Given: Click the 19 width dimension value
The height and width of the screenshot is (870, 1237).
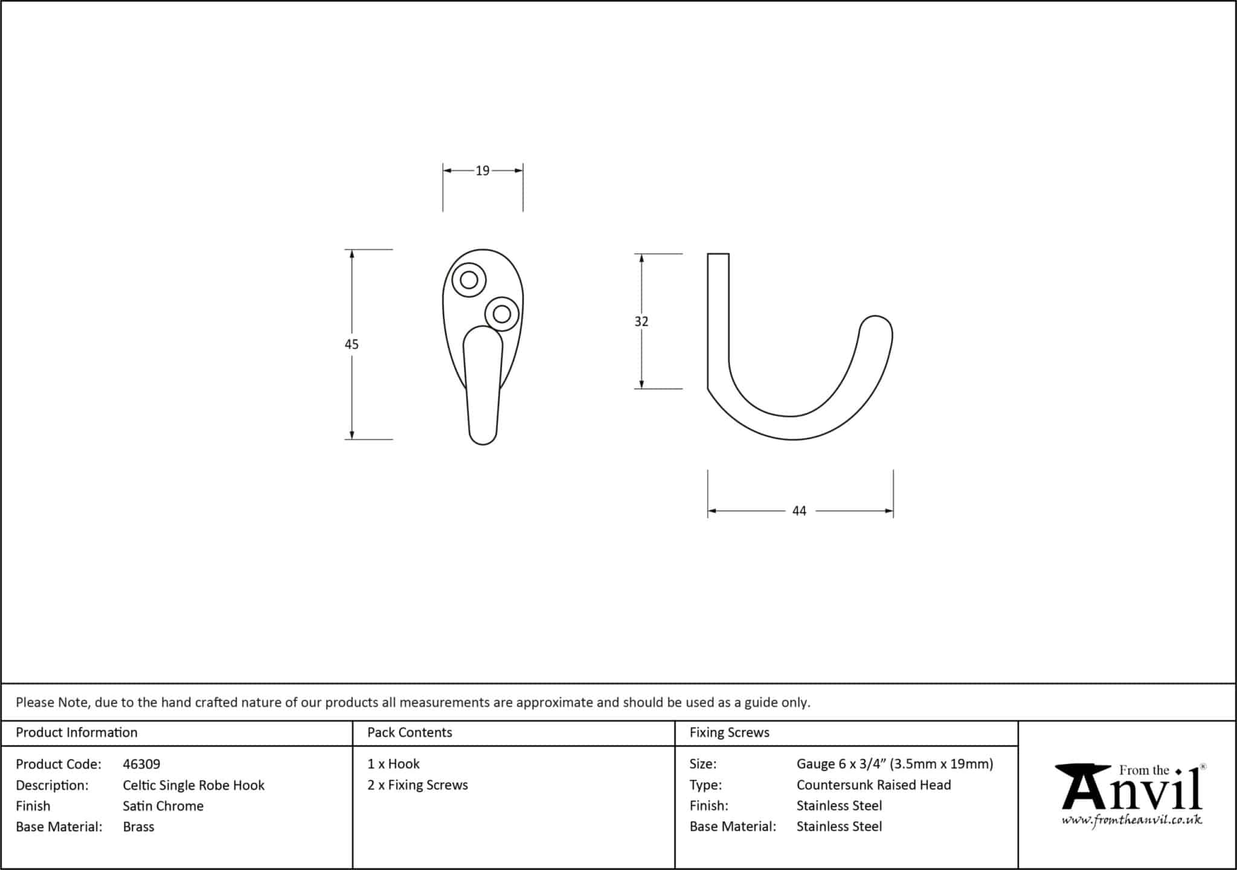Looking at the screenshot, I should (x=482, y=171).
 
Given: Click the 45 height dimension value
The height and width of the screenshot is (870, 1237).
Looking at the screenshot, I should (x=352, y=344).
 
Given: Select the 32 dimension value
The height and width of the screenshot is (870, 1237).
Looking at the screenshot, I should (x=641, y=321).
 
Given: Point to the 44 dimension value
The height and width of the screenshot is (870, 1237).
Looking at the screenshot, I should (x=798, y=511).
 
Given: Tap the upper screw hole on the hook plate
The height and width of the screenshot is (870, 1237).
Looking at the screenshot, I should (x=469, y=280).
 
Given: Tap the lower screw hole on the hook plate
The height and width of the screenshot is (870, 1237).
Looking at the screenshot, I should (x=501, y=314).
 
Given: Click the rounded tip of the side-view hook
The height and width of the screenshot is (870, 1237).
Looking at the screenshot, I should (x=876, y=329).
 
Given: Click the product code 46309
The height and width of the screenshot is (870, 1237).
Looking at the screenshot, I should (x=141, y=764).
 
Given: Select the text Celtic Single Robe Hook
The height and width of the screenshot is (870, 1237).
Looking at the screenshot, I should (x=193, y=785).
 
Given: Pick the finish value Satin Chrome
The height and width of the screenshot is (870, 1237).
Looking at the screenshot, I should (x=163, y=806).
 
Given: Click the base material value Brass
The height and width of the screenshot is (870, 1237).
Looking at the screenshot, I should (x=138, y=827).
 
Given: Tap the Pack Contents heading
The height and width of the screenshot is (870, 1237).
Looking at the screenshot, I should (x=410, y=733).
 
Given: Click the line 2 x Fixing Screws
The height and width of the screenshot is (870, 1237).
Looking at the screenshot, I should (x=417, y=785).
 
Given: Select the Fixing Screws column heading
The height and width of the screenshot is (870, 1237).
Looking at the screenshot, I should (x=729, y=733).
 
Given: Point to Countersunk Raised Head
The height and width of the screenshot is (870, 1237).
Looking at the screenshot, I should (x=873, y=785).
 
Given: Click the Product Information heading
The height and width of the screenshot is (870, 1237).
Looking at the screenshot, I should (x=77, y=733).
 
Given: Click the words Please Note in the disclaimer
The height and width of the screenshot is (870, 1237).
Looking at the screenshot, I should (x=53, y=703).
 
